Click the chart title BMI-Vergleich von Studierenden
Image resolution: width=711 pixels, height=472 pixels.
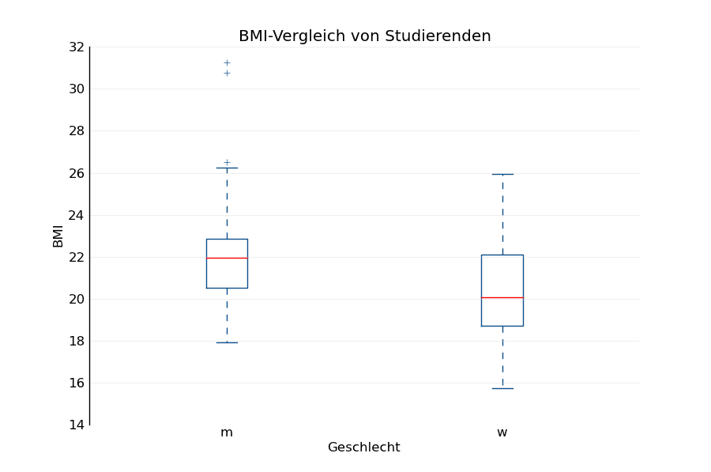[364, 36]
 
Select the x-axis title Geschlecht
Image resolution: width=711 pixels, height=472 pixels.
[363, 447]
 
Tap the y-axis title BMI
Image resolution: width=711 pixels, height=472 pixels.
[58, 236]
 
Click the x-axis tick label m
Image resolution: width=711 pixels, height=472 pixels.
[227, 432]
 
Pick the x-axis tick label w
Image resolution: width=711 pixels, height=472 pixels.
[502, 432]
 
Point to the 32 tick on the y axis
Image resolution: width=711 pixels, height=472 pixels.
[77, 47]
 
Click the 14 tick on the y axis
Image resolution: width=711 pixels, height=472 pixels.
[77, 425]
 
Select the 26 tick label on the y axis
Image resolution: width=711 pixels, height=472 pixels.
[77, 173]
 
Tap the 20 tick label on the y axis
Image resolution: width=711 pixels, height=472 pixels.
[77, 299]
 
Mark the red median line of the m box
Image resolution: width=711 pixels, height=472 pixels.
[227, 258]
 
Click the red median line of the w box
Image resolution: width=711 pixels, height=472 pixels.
[502, 297]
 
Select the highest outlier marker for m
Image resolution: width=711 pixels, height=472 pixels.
[227, 62]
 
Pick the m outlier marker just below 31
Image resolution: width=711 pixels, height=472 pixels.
[227, 73]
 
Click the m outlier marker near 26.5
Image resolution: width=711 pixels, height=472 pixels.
[227, 162]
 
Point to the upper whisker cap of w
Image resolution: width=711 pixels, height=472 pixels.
[502, 174]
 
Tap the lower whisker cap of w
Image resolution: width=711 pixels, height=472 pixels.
[502, 388]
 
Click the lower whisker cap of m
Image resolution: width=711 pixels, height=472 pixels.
[227, 342]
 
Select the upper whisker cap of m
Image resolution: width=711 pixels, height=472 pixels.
[227, 168]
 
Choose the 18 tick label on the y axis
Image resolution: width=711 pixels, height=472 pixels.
[77, 341]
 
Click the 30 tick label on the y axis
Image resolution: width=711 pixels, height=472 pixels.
[77, 89]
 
